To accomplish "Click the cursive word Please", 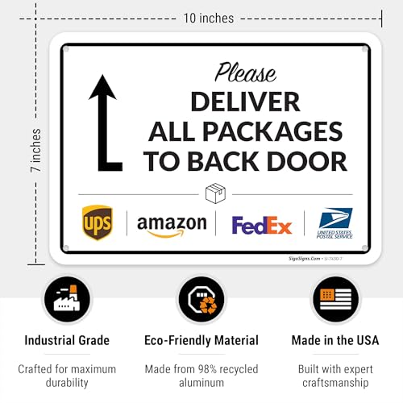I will tap(245, 73).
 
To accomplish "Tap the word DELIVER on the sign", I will tap(245, 102).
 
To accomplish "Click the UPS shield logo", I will tap(97, 222).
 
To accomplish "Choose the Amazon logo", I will tap(171, 224).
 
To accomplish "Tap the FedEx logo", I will tap(261, 225).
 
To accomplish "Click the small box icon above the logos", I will tap(215, 194).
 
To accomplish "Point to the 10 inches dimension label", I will tap(208, 18).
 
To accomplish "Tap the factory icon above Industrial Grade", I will tap(67, 299).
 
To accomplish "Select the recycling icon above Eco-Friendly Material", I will tap(201, 299).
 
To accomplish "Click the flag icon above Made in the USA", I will tap(334, 299).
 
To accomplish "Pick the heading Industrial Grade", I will tap(67, 341).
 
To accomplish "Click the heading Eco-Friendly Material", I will tap(201, 341).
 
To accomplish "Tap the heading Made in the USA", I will tap(334, 341).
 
